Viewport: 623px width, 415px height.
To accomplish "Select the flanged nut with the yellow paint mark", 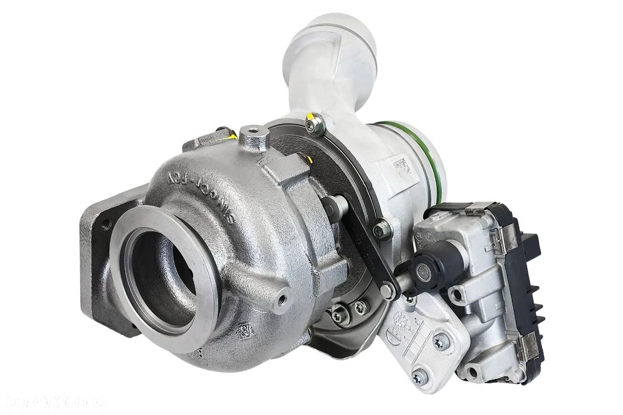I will coord(316,124).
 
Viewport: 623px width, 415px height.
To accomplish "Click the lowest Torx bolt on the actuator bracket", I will coord(419,377).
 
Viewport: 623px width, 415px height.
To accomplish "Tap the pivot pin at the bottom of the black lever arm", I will coord(388,290).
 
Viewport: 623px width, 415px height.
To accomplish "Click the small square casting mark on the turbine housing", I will coord(244,327).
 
